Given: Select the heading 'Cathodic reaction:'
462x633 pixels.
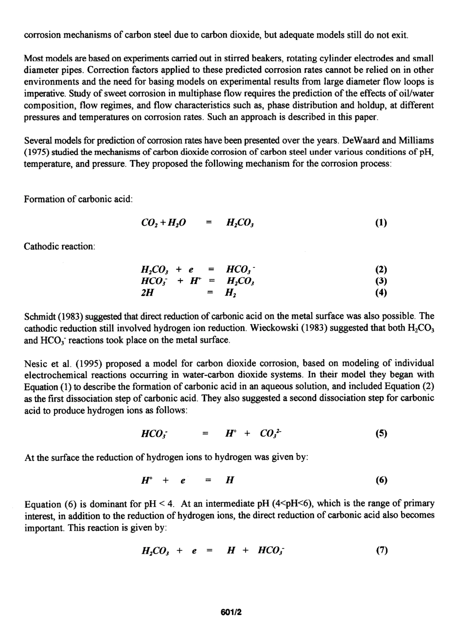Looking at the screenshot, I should tap(59, 246).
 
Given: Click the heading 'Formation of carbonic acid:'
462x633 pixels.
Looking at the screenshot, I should tap(78, 199).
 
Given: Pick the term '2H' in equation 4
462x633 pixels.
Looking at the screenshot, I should tap(146, 293).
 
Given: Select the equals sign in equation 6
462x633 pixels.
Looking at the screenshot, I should tap(208, 480).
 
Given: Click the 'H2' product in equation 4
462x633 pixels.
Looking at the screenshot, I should tap(231, 293).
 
